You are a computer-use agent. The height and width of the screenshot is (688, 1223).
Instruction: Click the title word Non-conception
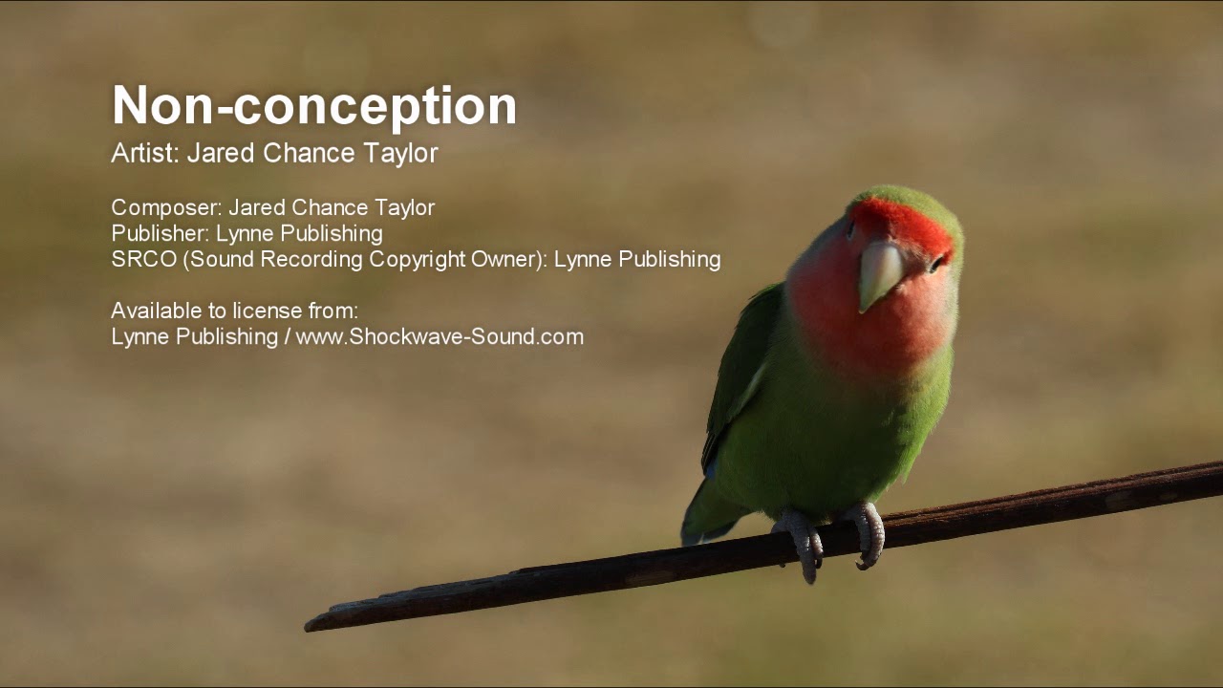pos(313,106)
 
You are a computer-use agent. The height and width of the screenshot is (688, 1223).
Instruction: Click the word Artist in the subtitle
pos(143,153)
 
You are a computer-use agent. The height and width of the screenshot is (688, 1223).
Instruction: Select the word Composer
pos(165,208)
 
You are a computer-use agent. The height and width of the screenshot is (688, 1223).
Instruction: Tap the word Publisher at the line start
pos(159,234)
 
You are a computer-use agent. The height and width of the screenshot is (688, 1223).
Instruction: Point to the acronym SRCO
pos(143,260)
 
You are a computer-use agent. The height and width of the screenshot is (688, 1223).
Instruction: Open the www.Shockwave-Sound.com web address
pos(440,336)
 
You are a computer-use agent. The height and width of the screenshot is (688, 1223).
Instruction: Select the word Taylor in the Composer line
pos(403,208)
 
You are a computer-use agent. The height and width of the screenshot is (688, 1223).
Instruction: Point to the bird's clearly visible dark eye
pos(937,261)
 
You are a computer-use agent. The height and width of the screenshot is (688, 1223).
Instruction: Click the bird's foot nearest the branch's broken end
pos(801,546)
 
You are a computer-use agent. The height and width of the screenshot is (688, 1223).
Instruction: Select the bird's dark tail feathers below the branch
pos(705,521)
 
